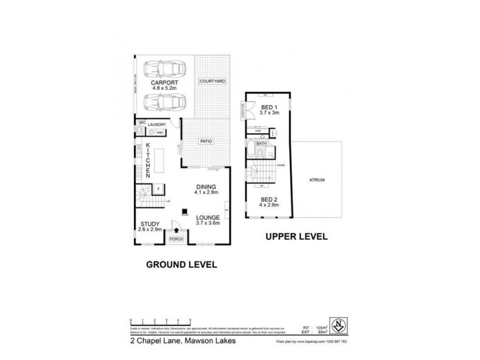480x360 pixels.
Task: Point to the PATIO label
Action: (x=206, y=142)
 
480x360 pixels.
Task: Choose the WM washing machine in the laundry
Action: (x=160, y=133)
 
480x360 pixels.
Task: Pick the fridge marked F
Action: (x=157, y=189)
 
